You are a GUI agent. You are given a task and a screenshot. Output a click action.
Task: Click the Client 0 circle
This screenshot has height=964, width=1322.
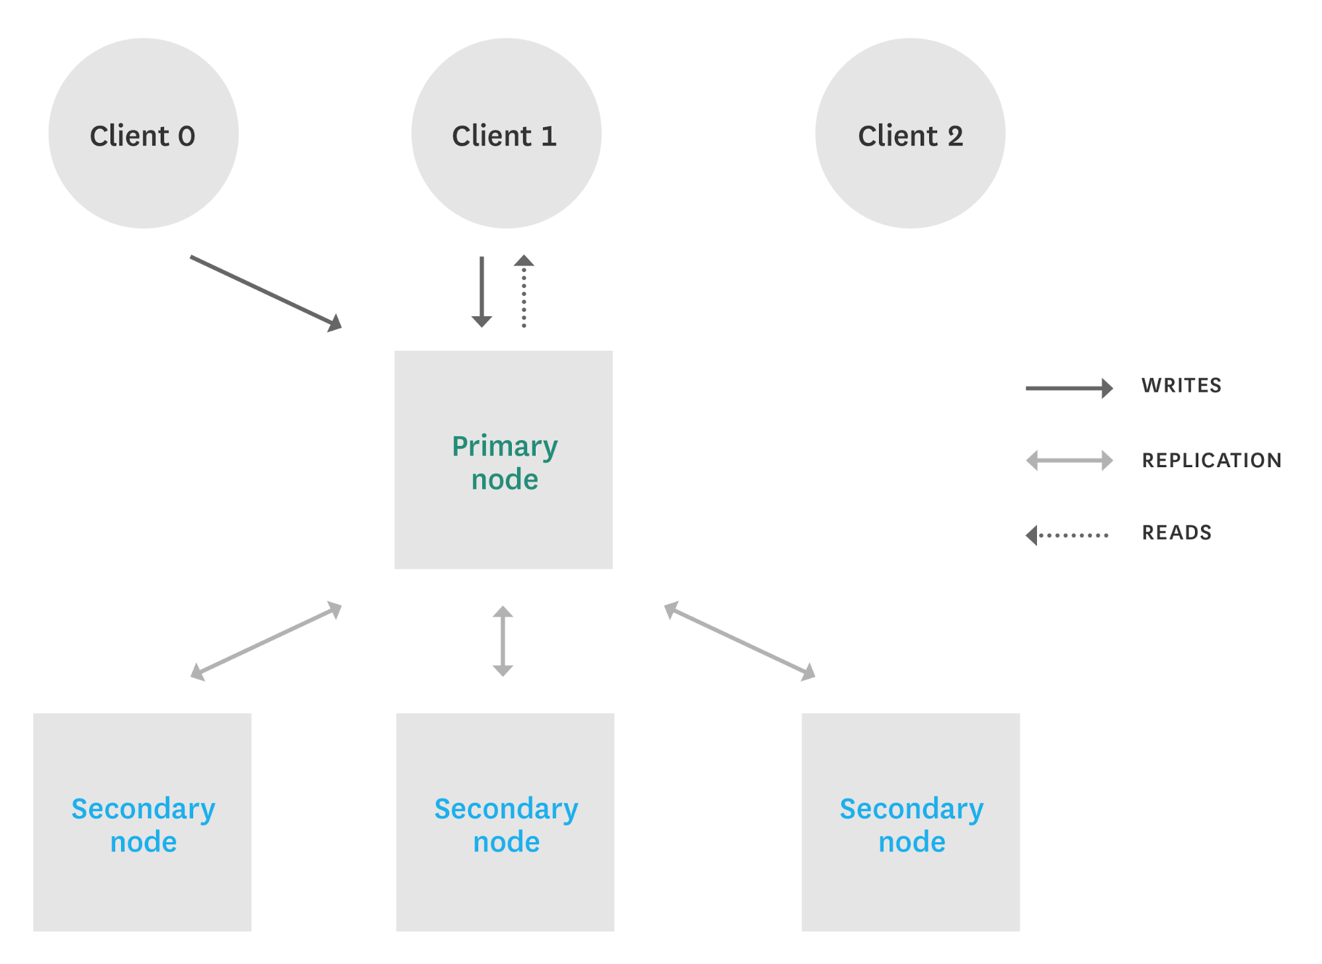144,134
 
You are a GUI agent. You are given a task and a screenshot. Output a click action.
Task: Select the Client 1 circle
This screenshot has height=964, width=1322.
506,134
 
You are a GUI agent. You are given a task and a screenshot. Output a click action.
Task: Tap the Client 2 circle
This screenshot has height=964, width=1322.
910,134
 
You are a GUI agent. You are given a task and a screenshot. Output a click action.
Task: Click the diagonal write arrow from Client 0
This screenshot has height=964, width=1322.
265,292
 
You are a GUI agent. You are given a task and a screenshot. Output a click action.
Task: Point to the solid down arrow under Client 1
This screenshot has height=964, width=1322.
481,291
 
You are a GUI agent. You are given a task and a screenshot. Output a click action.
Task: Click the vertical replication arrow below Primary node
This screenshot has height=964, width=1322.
503,640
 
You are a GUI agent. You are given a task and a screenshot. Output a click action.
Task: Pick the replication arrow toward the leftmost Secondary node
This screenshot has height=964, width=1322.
266,640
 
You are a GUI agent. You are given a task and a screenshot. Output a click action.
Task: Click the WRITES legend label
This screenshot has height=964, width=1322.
1181,386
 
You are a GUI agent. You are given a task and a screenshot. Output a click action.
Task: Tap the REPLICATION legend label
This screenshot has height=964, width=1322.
1212,460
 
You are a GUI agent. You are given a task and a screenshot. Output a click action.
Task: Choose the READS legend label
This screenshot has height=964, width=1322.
1177,533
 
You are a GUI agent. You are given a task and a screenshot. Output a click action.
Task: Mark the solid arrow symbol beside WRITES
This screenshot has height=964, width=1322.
1069,388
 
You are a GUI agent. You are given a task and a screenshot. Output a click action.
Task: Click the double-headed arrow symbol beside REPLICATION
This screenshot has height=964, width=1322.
1069,460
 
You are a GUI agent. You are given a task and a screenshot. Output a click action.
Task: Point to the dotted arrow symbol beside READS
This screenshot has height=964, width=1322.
1067,535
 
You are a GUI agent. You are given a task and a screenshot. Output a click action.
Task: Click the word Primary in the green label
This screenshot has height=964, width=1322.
505,447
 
